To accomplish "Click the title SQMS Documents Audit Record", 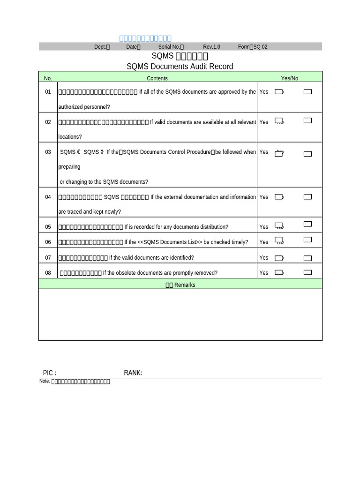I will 180,67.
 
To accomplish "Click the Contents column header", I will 157,78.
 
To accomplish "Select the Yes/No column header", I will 289,78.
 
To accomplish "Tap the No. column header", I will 48,78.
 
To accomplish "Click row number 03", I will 48,152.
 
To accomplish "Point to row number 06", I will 48,242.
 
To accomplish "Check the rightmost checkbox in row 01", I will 307,92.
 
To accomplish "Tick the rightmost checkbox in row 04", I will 307,197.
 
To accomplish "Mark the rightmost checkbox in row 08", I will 307,272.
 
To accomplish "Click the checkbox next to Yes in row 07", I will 278,258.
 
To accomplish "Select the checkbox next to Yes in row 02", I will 278,121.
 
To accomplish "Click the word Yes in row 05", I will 264,227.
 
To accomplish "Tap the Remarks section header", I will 180,285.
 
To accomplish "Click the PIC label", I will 49,373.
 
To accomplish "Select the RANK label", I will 133,373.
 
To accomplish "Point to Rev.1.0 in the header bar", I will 211,47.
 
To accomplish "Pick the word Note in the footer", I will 44,381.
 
